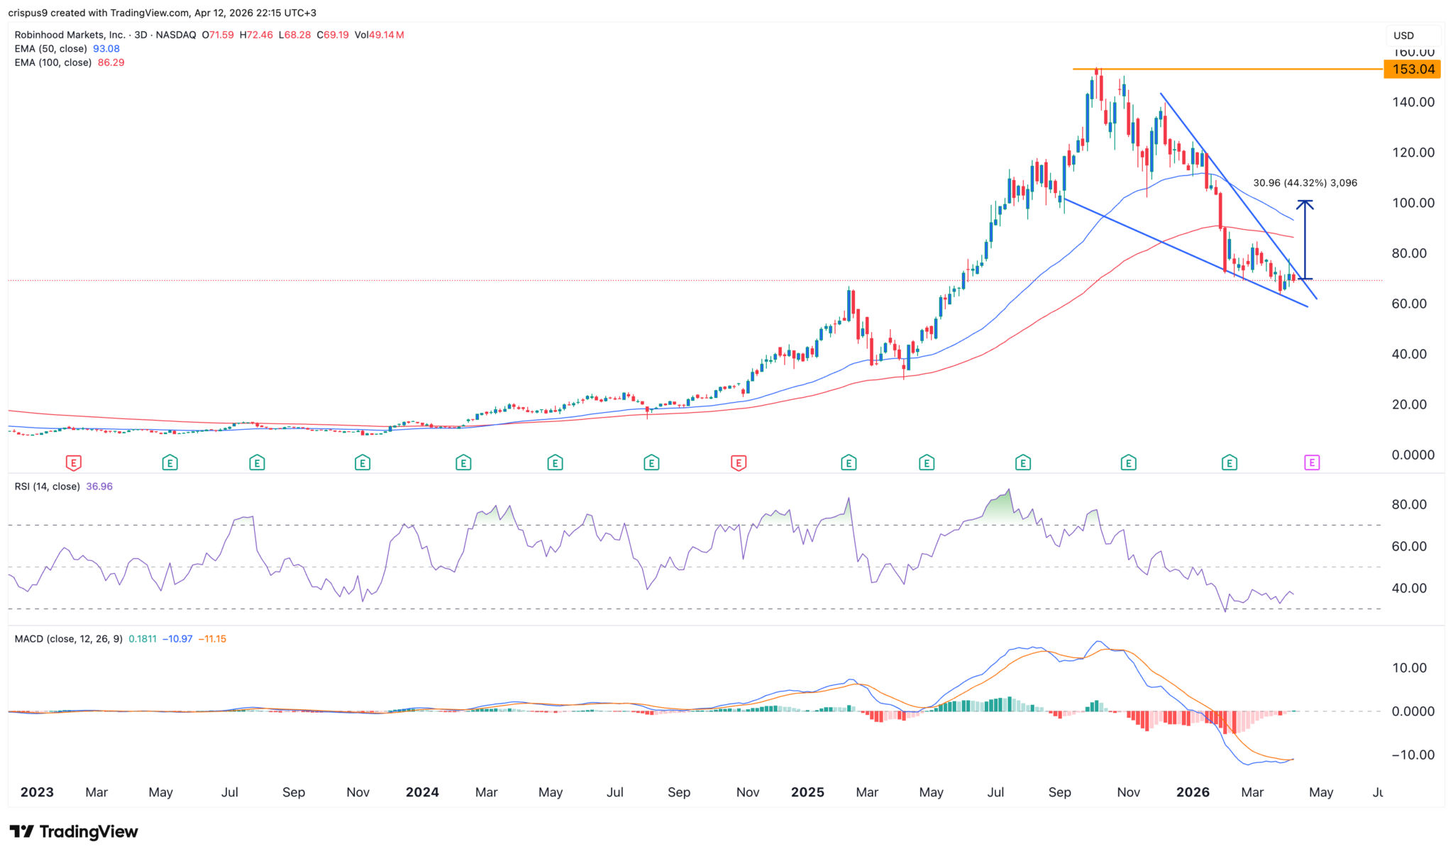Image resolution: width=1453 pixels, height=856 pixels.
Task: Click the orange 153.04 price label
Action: pyautogui.click(x=1413, y=69)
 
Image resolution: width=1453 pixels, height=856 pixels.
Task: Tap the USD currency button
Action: pyautogui.click(x=1403, y=35)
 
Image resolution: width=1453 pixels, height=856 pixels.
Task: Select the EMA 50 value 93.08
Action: pyautogui.click(x=106, y=49)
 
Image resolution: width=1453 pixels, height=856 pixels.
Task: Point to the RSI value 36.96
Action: pyautogui.click(x=99, y=487)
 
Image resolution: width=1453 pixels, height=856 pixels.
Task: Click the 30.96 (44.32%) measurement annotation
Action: pyautogui.click(x=1305, y=183)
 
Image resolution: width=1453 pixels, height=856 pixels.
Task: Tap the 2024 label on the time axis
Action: pyautogui.click(x=422, y=792)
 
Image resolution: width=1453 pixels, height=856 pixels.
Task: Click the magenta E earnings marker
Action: pyautogui.click(x=1312, y=463)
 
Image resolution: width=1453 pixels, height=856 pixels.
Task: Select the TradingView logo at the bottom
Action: pyautogui.click(x=74, y=831)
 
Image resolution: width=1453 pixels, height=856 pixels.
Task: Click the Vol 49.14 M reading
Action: pyautogui.click(x=379, y=35)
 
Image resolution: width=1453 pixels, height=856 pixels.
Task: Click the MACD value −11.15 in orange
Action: pyautogui.click(x=212, y=639)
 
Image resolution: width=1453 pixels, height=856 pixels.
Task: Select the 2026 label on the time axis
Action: pyautogui.click(x=1193, y=792)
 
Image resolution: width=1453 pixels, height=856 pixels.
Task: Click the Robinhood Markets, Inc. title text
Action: pyautogui.click(x=70, y=35)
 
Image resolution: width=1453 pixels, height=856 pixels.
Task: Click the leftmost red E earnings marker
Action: pyautogui.click(x=73, y=463)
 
